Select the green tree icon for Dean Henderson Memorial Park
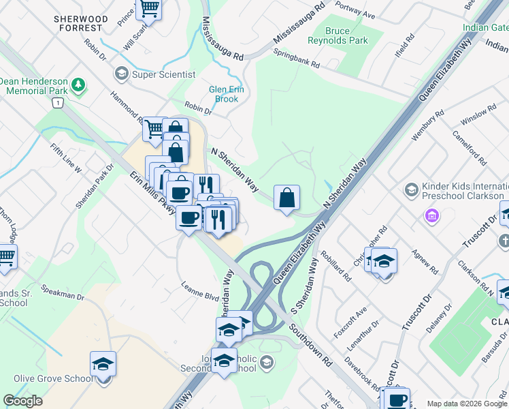coord(80,85)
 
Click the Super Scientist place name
coord(164,74)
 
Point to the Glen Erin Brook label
coord(223,94)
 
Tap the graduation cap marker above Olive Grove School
coord(103,364)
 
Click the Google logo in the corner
coord(23,401)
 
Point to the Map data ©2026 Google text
coord(467,404)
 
